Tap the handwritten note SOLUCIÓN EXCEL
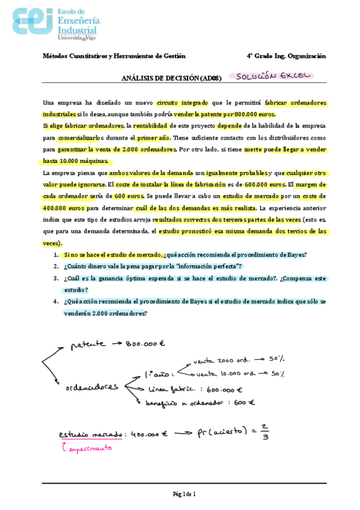point(272,76)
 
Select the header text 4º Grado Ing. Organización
point(286,56)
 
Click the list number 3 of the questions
point(56,278)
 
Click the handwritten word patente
point(87,345)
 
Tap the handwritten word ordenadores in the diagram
point(93,389)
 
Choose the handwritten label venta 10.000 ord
point(228,373)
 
